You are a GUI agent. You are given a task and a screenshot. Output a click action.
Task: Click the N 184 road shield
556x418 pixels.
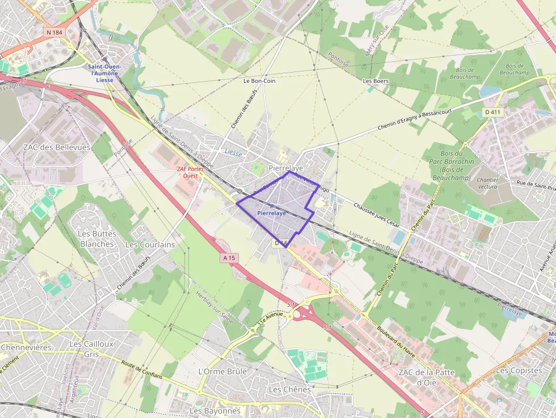click(x=54, y=32)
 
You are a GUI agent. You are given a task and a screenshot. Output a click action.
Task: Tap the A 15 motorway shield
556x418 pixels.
click(x=229, y=258)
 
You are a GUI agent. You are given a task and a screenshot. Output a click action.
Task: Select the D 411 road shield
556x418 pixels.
click(x=493, y=112)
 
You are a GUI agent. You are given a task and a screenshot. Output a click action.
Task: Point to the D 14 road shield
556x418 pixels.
click(x=282, y=243)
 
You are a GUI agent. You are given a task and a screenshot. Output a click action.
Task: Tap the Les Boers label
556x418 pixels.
click(x=376, y=81)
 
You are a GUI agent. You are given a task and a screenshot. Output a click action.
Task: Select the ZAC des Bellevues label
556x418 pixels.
click(x=57, y=147)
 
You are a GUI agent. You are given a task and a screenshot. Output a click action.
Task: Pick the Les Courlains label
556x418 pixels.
click(x=150, y=244)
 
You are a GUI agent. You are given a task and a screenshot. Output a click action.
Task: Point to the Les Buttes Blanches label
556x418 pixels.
click(x=97, y=239)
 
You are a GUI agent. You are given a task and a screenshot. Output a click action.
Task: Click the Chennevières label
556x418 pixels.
click(x=26, y=347)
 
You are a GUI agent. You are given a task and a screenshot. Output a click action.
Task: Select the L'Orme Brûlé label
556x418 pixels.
click(x=222, y=371)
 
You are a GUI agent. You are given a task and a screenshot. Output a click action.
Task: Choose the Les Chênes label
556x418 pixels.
click(x=289, y=390)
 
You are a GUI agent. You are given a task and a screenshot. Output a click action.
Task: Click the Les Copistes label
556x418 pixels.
click(x=518, y=370)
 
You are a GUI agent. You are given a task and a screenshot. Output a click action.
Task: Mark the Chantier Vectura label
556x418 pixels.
click(x=488, y=183)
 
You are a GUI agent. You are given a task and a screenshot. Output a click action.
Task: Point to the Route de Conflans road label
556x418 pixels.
click(x=141, y=372)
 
